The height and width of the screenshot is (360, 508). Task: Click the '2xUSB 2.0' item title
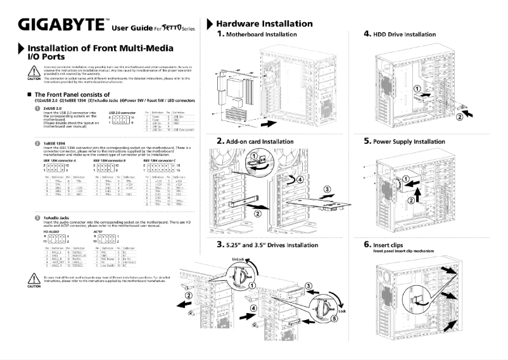coord(53,108)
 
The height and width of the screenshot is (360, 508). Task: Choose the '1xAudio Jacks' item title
coord(58,235)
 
